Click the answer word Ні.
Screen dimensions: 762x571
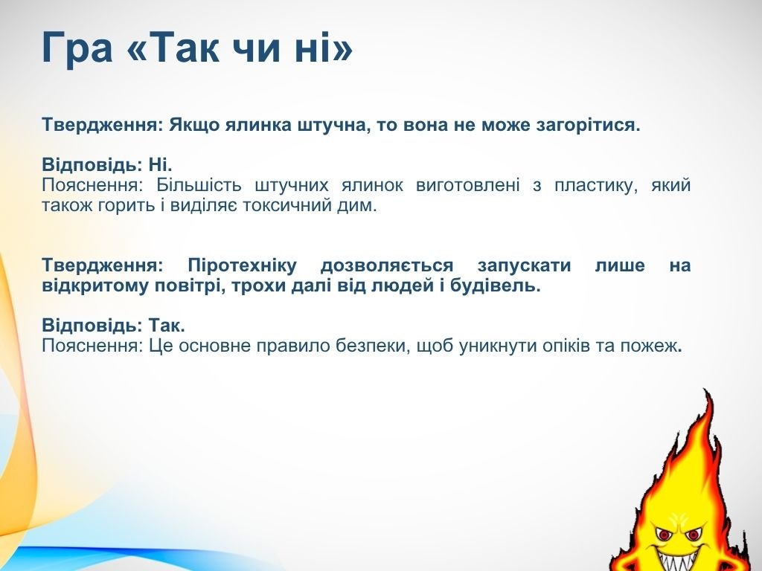coord(161,165)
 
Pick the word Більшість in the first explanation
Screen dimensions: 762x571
coord(198,185)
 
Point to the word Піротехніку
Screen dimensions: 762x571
coord(242,266)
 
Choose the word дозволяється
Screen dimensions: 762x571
coord(387,266)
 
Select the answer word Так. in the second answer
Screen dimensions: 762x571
coord(167,326)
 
